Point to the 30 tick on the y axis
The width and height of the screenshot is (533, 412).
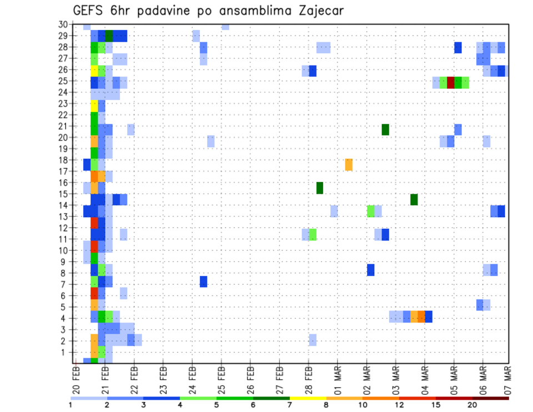pos(63,24)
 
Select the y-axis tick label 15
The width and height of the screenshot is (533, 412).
pos(63,194)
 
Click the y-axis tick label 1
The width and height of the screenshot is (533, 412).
pos(66,352)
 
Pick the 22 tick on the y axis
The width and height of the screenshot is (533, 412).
pos(63,115)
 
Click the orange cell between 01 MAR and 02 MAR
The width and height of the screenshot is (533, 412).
pos(349,165)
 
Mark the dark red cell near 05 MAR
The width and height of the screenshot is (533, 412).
pos(451,83)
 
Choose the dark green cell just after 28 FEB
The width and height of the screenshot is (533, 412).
pos(320,188)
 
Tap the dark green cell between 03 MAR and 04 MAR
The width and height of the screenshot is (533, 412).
pos(414,199)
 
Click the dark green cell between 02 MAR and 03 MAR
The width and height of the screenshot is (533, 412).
pos(385,129)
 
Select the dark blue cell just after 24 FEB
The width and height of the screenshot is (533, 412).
pos(203,282)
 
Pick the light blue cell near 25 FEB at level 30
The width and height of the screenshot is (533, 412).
pos(225,27)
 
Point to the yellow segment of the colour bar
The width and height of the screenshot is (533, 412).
pos(308,398)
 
